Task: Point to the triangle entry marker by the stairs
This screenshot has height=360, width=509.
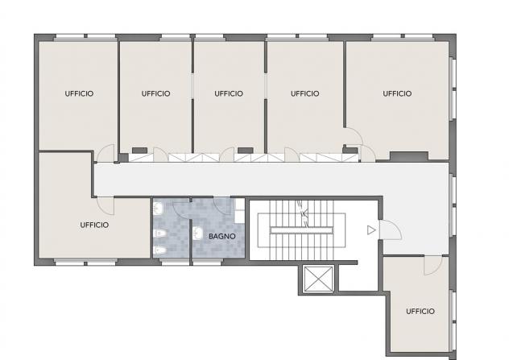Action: coord(371,230)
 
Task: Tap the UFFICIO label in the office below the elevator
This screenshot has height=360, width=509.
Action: coord(420,312)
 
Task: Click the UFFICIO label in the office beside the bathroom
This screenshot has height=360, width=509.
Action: coord(94,225)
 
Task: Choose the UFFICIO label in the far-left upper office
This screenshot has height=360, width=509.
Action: coord(79,93)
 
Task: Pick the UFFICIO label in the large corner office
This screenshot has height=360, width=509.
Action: coord(397,93)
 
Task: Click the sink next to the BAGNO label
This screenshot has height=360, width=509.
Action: coord(197,234)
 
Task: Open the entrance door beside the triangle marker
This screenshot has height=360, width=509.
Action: coord(391,230)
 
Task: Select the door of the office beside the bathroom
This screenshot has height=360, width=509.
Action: coord(106,205)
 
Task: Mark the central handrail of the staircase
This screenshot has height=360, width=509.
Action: coord(301,230)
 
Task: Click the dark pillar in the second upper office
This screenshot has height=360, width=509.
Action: coord(139,151)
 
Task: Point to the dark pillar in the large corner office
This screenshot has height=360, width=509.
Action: coord(409,155)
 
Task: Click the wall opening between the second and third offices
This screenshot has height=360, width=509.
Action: coord(192,85)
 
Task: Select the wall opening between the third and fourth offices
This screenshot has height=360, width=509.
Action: coord(266,85)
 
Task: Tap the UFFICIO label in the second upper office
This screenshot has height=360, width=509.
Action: coord(155,93)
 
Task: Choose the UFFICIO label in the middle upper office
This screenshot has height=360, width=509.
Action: coord(229,93)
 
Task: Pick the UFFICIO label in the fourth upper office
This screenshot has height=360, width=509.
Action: coord(304,93)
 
